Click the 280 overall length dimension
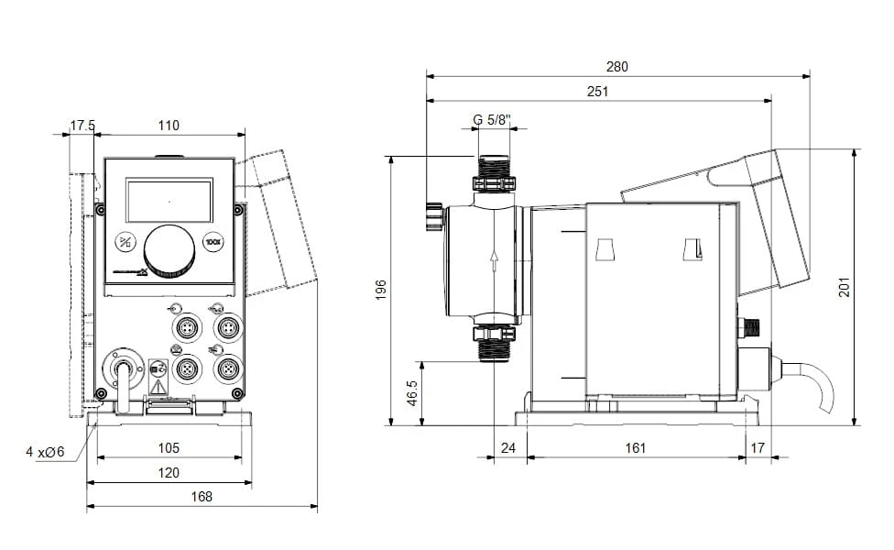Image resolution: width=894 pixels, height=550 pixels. [x=616, y=67]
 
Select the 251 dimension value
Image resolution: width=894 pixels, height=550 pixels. [x=598, y=92]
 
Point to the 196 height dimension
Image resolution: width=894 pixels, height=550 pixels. [x=381, y=290]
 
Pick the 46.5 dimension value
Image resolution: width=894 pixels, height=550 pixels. [x=413, y=393]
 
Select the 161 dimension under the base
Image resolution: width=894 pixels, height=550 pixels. [x=636, y=448]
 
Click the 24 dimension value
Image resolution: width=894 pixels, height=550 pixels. [x=510, y=448]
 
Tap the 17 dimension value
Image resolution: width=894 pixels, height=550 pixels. [x=757, y=448]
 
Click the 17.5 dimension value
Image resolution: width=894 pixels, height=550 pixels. [x=82, y=126]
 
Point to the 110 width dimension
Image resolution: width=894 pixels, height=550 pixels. [x=169, y=126]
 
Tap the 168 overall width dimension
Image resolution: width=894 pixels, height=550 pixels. [x=202, y=497]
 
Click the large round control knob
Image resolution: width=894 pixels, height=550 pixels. [x=169, y=248]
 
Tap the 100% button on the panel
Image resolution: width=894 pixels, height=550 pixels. [x=213, y=243]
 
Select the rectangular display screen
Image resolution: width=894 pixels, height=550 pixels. [x=169, y=201]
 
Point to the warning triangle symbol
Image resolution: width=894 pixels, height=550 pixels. [x=158, y=388]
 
